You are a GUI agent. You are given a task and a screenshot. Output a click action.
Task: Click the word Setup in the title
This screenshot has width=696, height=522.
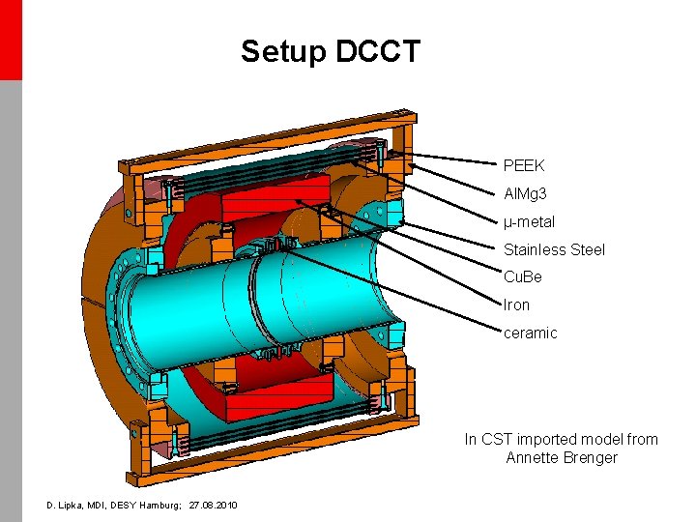coord(283,51)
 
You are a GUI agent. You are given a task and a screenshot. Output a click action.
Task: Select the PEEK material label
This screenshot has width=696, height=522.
coord(524,166)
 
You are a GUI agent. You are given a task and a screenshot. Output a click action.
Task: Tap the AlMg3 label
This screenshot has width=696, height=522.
coord(526,194)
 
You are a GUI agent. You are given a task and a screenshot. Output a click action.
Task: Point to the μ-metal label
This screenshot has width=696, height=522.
coord(529,222)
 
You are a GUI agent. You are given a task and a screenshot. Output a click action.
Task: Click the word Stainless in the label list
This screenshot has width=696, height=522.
coord(535,250)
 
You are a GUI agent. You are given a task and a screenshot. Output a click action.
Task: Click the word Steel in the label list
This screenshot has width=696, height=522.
coord(588,250)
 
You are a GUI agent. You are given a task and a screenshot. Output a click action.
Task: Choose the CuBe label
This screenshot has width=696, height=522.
coord(523,277)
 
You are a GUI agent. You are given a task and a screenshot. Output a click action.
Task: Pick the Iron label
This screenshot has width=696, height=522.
coord(517,305)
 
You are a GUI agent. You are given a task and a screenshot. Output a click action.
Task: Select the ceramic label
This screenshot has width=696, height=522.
coord(531,333)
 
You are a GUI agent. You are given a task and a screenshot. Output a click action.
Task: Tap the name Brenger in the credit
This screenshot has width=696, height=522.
coord(591,458)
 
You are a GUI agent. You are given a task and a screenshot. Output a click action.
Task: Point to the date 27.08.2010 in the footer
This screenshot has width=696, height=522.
coord(214,506)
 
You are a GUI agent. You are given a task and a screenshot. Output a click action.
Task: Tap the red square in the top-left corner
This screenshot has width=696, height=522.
coord(10,39)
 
